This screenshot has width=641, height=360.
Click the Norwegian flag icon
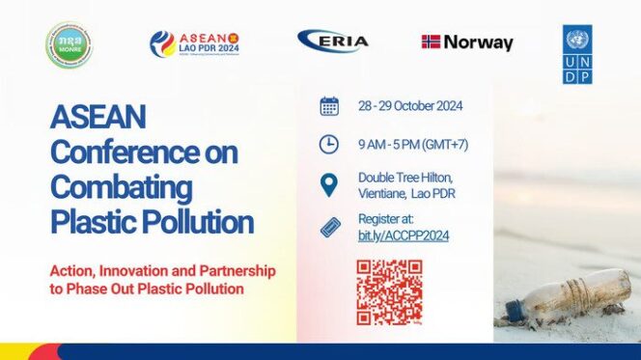[431, 42]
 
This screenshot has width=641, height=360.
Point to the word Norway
[479, 43]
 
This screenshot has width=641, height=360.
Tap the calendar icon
[329, 106]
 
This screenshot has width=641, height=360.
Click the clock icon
[329, 144]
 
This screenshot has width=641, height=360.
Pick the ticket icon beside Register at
[329, 228]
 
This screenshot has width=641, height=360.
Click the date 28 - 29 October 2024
[407, 105]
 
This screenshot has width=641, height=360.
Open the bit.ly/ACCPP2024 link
[403, 235]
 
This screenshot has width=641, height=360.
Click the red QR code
[389, 291]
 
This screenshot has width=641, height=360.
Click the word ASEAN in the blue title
[98, 119]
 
